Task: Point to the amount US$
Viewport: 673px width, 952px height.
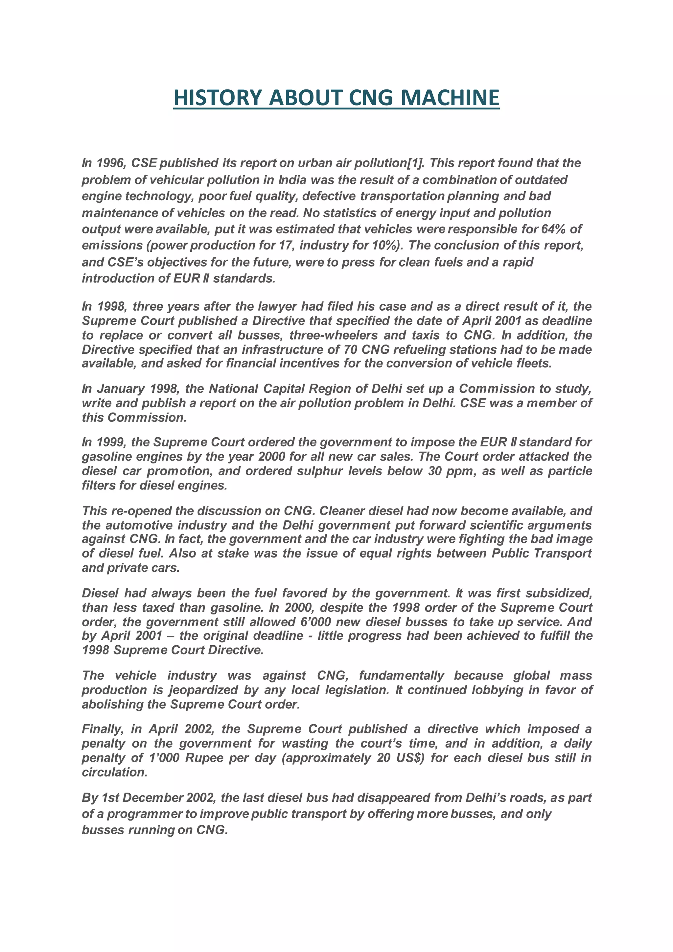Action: coord(410,758)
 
